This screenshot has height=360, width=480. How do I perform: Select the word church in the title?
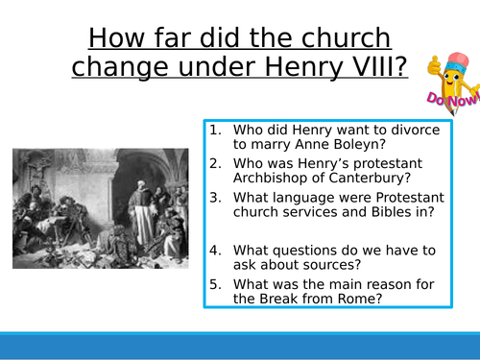[343, 37]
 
